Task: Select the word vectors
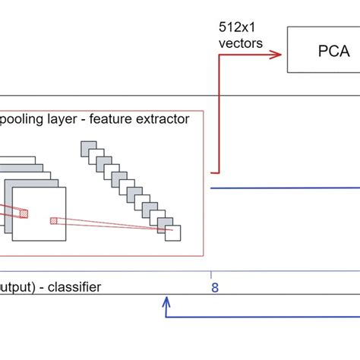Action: click(241, 43)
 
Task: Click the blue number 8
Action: click(214, 287)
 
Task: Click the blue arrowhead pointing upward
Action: click(166, 302)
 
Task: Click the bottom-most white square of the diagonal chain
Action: click(174, 232)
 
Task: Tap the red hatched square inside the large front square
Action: click(54, 221)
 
